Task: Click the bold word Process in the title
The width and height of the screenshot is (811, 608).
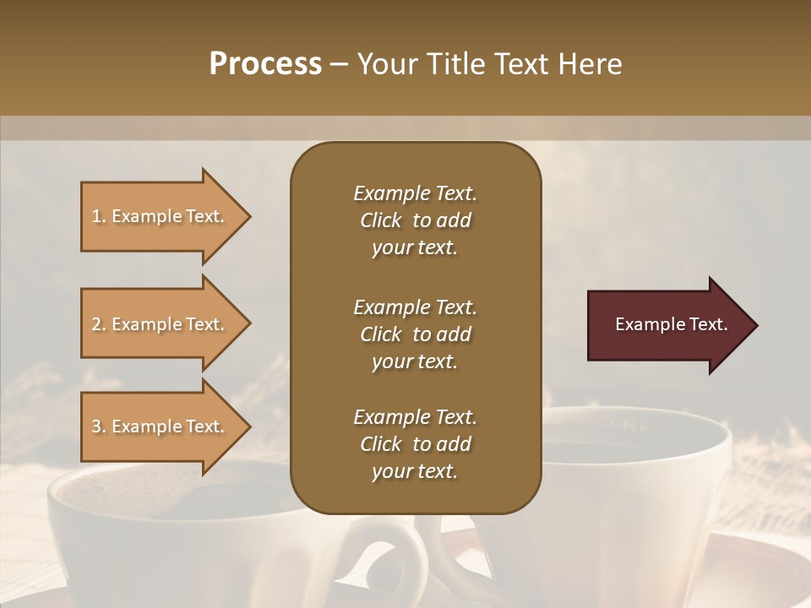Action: [x=265, y=64]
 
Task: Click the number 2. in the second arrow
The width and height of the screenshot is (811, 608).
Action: [x=99, y=324]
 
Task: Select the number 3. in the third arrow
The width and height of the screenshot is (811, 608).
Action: [x=99, y=426]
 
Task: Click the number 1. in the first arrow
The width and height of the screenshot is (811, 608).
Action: [x=99, y=217]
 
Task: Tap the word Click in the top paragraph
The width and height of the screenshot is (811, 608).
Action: [x=380, y=220]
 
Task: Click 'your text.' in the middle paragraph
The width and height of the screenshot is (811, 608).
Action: [x=415, y=361]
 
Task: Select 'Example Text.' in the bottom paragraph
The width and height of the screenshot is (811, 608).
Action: [x=415, y=417]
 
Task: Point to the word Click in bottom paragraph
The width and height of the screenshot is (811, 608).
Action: [x=380, y=444]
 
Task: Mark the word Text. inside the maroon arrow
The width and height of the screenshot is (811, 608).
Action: [x=708, y=324]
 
